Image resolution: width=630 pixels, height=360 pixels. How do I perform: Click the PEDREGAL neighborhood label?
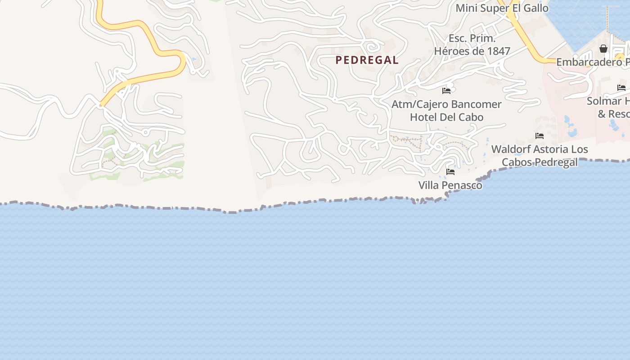(x=367, y=60)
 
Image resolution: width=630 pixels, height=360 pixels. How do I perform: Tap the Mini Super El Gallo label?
(x=502, y=8)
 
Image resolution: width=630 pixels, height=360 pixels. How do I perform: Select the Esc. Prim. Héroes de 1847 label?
(x=472, y=45)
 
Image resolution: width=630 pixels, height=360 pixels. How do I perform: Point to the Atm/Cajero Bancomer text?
(x=446, y=104)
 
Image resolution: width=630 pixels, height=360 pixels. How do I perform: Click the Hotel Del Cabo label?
(x=446, y=117)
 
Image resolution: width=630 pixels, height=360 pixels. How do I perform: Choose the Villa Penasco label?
(x=450, y=185)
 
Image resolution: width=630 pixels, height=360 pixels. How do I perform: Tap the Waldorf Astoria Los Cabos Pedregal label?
(x=540, y=155)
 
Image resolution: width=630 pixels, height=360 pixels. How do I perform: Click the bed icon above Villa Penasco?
(x=450, y=172)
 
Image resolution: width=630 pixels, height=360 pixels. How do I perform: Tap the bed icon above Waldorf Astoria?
(x=540, y=135)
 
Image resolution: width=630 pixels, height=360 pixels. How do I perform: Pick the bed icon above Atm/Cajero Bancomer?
(x=446, y=90)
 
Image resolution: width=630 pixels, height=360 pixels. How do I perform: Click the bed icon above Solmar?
(x=621, y=88)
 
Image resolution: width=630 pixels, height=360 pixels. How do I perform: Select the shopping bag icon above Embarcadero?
(x=603, y=49)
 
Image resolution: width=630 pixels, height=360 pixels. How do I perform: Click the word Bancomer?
(x=476, y=104)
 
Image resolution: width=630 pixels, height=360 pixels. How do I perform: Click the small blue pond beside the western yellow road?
(x=194, y=59)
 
